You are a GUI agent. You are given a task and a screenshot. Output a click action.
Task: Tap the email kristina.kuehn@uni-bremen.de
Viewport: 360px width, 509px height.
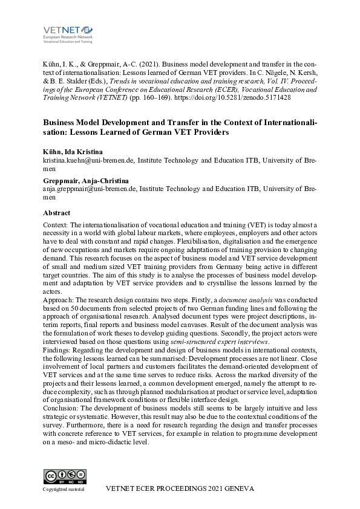(88, 161)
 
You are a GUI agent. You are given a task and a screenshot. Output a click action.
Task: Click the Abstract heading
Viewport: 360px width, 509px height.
(56, 213)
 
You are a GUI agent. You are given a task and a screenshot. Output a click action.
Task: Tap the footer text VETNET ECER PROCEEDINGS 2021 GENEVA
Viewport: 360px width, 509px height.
(180, 488)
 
